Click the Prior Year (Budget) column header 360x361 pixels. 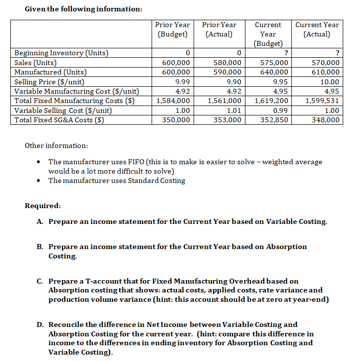[x=172, y=29]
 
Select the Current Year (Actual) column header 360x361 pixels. [x=317, y=29]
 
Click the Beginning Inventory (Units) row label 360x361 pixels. [x=62, y=53]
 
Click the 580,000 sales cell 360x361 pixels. [x=227, y=63]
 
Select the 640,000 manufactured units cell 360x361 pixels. [x=275, y=72]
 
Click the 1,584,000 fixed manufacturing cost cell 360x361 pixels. [x=173, y=101]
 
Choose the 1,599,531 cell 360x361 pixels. [x=322, y=101]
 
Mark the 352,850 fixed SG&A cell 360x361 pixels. [x=275, y=119]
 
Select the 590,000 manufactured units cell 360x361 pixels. [x=227, y=72]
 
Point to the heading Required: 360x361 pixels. [x=43, y=205]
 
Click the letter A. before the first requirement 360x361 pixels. [x=40, y=221]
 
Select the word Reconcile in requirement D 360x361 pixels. [x=67, y=324]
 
